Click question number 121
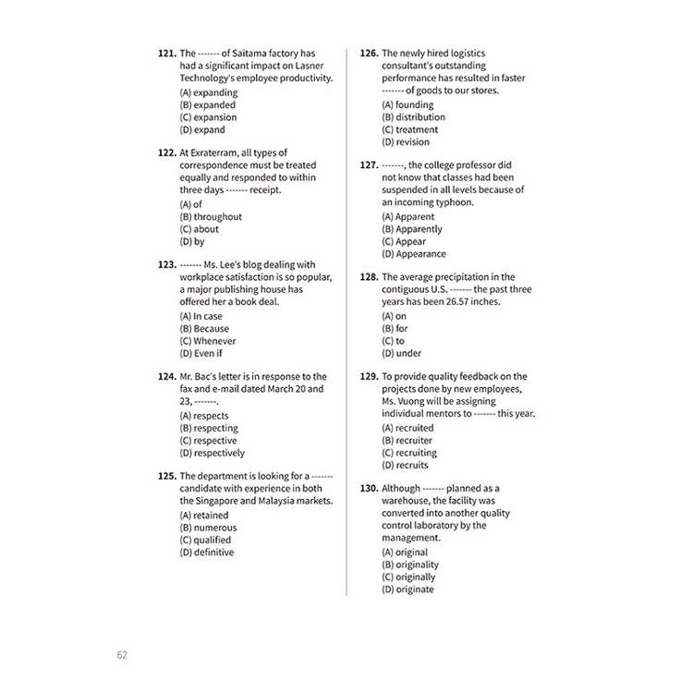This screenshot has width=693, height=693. [166, 54]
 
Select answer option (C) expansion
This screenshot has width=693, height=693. [208, 117]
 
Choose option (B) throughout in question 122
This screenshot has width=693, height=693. [211, 217]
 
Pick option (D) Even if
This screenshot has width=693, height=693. [201, 353]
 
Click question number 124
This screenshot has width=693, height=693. [166, 377]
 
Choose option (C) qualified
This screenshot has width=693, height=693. [205, 540]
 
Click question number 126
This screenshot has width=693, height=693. [368, 54]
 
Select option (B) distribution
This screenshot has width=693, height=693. [413, 117]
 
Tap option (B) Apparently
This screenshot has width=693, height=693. [412, 229]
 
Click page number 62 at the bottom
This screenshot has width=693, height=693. [122, 655]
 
